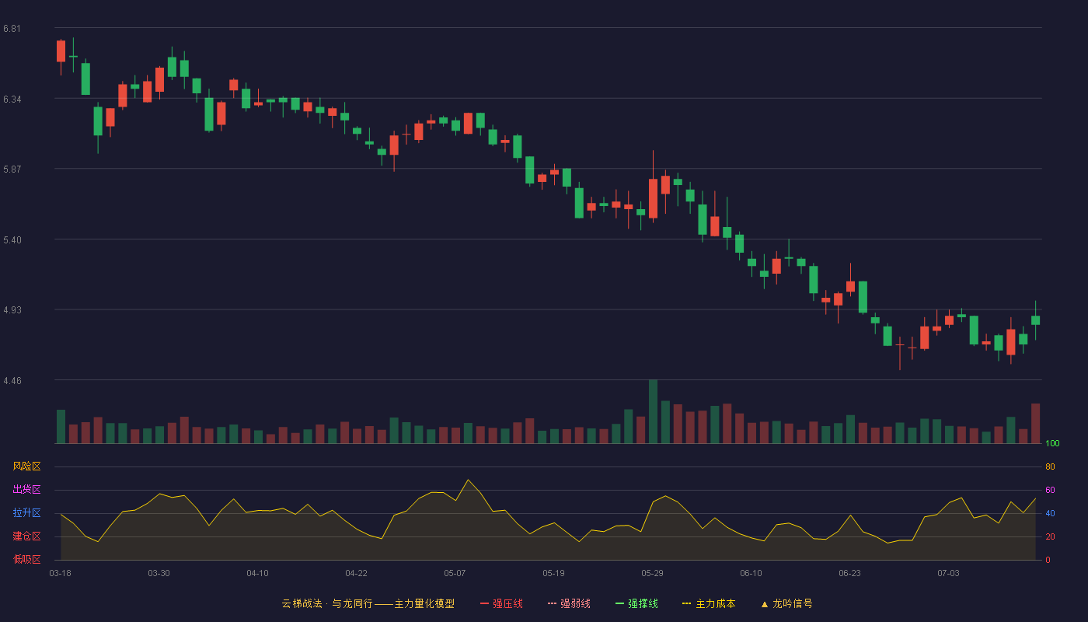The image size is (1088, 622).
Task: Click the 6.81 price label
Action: [12, 29]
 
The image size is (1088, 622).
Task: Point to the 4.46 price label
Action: [12, 381]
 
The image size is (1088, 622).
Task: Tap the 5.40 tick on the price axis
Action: [12, 240]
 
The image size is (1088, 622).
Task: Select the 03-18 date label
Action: [61, 574]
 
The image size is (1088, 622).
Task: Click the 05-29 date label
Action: [652, 574]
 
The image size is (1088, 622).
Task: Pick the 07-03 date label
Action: [948, 574]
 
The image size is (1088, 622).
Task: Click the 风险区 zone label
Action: [26, 466]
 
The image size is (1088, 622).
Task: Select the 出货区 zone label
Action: [26, 489]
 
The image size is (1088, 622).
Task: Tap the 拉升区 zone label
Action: [26, 512]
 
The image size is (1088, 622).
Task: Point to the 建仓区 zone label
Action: [26, 536]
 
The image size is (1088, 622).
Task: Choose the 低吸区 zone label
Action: [26, 559]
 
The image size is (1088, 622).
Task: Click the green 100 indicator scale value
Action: [1052, 443]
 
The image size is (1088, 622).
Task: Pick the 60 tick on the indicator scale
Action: [1050, 490]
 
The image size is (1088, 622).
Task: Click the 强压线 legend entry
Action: [501, 603]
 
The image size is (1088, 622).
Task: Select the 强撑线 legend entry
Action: [636, 603]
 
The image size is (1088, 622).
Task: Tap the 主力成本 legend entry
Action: [709, 603]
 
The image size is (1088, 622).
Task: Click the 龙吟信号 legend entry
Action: [786, 603]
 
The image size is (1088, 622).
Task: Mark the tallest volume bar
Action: [654, 411]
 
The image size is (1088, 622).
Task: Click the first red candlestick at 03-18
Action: [61, 51]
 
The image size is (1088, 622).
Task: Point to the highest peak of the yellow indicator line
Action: [468, 480]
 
